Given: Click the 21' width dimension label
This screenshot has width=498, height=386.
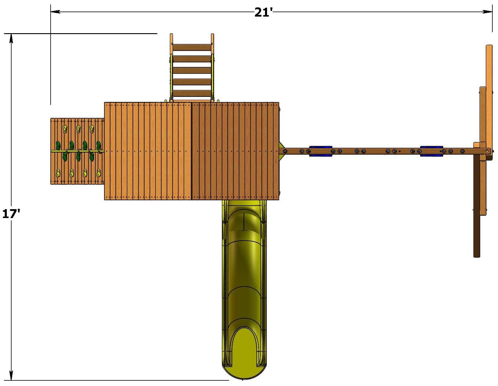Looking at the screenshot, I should coord(263,12).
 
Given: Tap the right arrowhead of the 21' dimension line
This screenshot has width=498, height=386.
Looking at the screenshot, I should coord(488,12).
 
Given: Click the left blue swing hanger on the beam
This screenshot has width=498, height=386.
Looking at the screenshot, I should coord(320,151).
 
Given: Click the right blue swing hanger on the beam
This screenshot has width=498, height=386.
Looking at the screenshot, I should coord(431,151).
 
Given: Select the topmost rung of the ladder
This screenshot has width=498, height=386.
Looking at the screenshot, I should coord(192,47).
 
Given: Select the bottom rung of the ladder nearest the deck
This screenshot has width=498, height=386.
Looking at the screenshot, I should coord(192,94).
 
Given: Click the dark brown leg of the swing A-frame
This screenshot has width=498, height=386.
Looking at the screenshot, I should coord(476,207).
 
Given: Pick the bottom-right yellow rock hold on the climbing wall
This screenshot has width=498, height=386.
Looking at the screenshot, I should coord(99,173).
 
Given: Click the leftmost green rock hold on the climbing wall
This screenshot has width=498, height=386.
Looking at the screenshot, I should coord(58,145).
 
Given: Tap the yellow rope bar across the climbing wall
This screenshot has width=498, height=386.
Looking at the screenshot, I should coord(77,151).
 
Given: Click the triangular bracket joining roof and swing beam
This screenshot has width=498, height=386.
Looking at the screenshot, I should coord(282,151).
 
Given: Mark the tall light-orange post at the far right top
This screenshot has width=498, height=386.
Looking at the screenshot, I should coord(489,95).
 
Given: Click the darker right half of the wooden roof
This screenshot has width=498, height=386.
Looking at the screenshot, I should coord(235,151).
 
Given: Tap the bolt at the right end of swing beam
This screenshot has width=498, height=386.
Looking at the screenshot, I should coord(487,151).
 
